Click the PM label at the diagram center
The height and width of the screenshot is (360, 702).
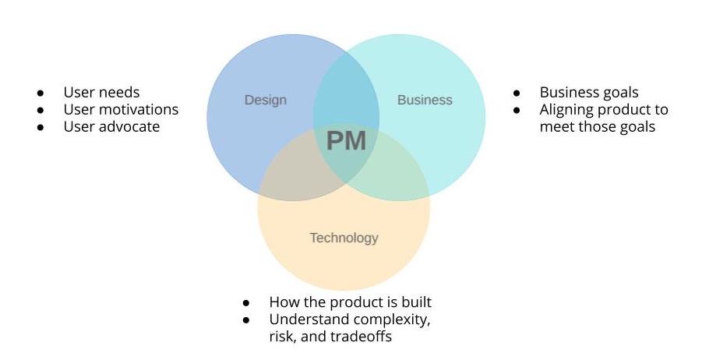(346, 141)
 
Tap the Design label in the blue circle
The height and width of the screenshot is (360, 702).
(266, 100)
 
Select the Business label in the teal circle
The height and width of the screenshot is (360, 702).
(425, 100)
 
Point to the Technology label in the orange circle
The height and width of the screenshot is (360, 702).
(344, 238)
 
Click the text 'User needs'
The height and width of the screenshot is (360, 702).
(101, 93)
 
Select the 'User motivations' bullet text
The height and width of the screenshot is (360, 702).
(121, 109)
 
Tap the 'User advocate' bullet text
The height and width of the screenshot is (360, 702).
(111, 126)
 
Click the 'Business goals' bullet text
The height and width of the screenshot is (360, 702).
(589, 93)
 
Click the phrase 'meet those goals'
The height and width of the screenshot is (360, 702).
(597, 126)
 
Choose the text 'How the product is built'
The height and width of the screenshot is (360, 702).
(350, 302)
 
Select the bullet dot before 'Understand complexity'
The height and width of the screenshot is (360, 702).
(246, 320)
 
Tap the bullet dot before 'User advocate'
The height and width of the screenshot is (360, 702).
(40, 127)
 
